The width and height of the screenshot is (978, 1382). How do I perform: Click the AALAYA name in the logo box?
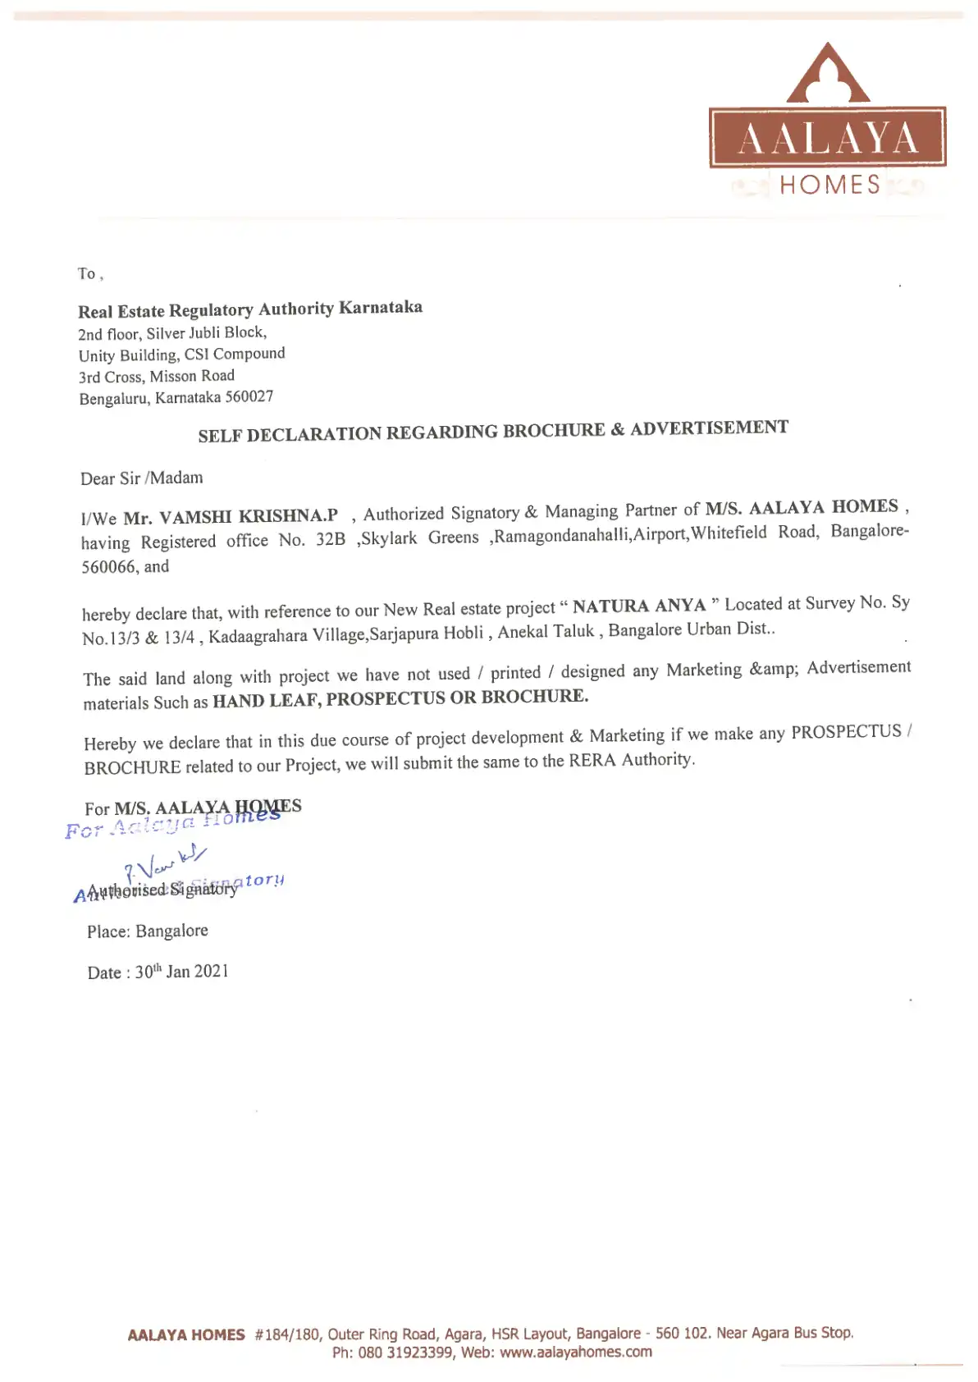827,138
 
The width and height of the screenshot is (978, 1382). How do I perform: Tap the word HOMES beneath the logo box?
829,185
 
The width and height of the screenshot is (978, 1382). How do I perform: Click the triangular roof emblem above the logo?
828,74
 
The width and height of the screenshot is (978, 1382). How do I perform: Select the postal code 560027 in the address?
249,397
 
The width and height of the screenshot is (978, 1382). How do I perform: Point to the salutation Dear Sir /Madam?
142,478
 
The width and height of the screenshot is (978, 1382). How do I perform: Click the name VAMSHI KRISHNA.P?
248,516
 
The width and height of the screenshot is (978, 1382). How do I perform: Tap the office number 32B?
331,539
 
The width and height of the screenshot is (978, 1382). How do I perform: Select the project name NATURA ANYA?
639,606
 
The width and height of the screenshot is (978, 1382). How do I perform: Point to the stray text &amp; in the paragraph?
773,670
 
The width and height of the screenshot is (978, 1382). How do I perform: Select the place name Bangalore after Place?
171,931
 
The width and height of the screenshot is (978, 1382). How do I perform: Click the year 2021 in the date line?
212,972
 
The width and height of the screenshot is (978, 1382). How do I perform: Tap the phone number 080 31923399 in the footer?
405,1353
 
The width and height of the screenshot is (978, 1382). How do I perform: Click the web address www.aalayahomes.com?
575,1352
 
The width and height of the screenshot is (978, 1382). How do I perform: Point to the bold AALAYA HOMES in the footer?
186,1335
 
